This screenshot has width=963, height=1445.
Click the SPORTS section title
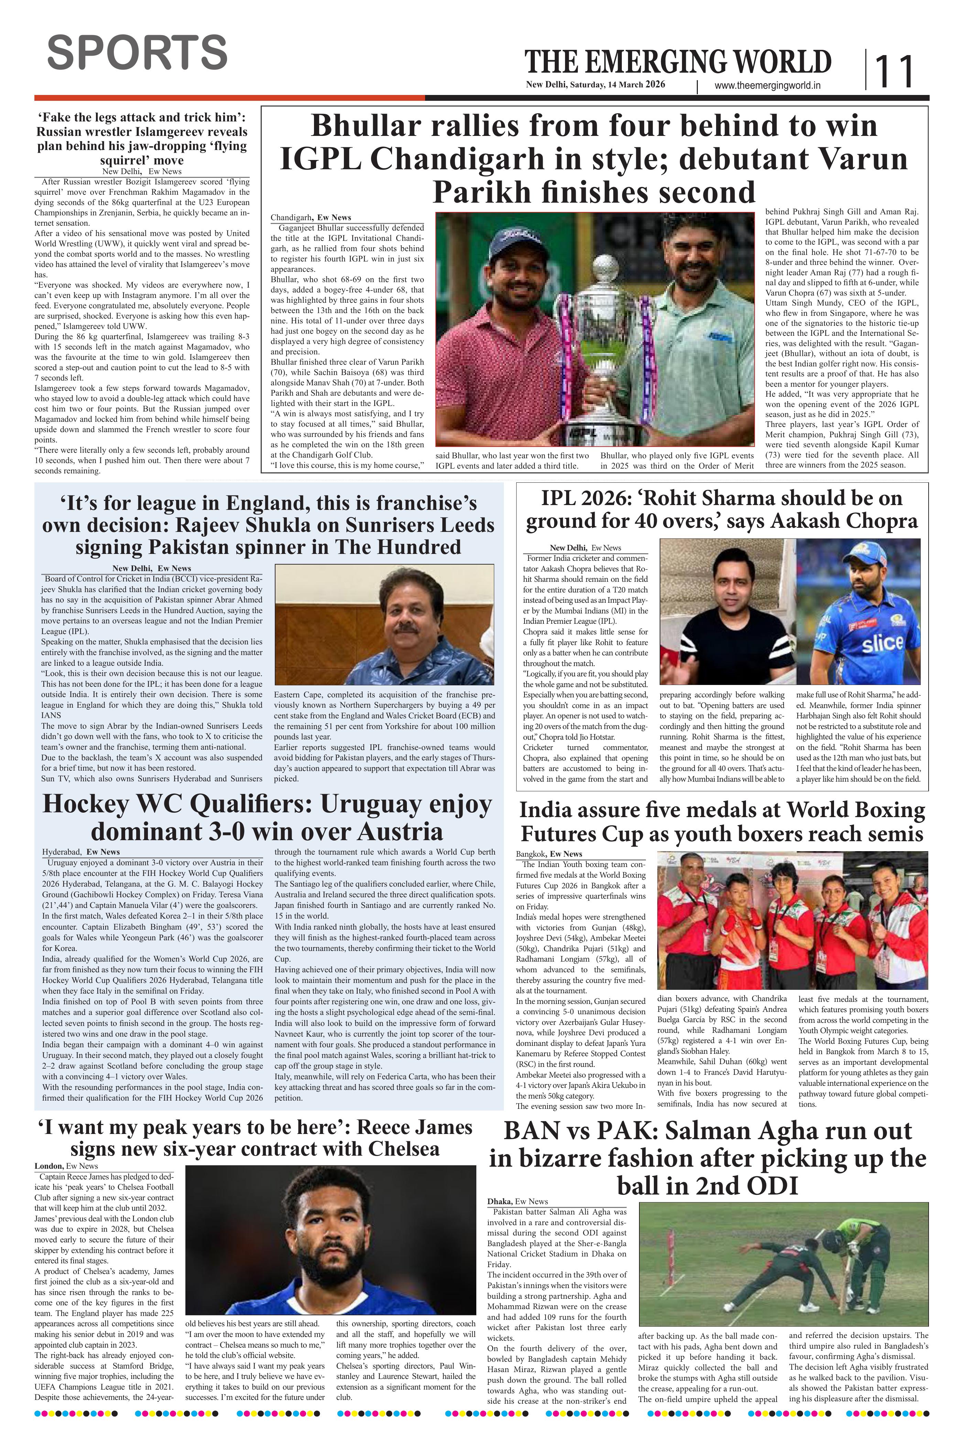(x=137, y=52)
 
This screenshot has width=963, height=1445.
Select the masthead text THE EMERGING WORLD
(x=678, y=63)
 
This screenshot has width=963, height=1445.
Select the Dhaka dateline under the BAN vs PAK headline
(x=499, y=1201)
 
